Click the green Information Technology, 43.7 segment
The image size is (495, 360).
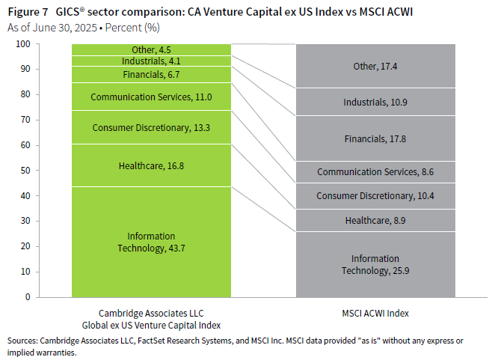pyautogui.click(x=151, y=242)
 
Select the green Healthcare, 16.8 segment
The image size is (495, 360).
pyautogui.click(x=151, y=165)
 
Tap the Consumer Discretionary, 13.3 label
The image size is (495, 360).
pyautogui.click(x=151, y=127)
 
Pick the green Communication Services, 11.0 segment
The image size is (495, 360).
pyautogui.click(x=151, y=97)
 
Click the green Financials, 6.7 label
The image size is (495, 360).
pyautogui.click(x=151, y=74)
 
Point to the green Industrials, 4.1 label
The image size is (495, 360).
pyautogui.click(x=151, y=61)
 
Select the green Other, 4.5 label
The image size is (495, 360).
pyautogui.click(x=151, y=50)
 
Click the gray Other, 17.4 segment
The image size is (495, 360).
pyautogui.click(x=375, y=67)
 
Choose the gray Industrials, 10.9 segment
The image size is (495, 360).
pyautogui.click(x=375, y=102)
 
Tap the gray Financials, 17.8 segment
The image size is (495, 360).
pyautogui.click(x=375, y=138)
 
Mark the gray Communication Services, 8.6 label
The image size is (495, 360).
pyautogui.click(x=375, y=171)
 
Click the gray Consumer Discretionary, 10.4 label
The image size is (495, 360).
pyautogui.click(x=375, y=195)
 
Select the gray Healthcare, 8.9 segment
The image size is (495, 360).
pyautogui.click(x=375, y=220)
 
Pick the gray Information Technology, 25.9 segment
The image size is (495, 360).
pyautogui.click(x=375, y=264)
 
